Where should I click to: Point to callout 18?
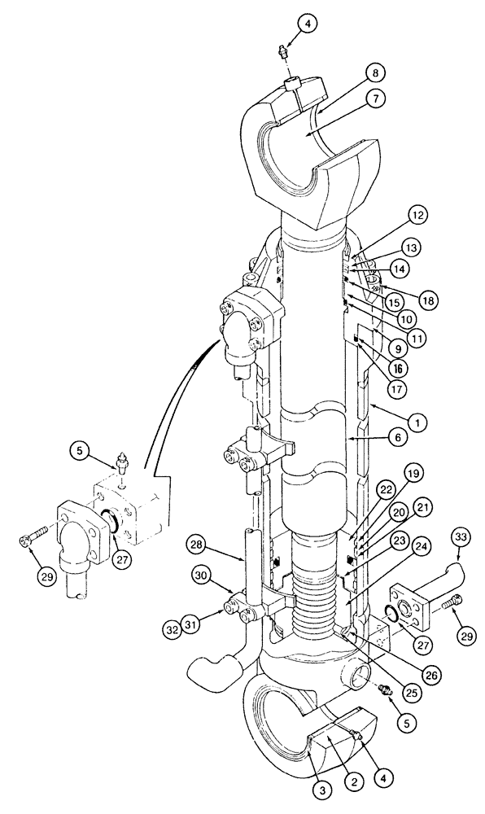pos(430,300)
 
